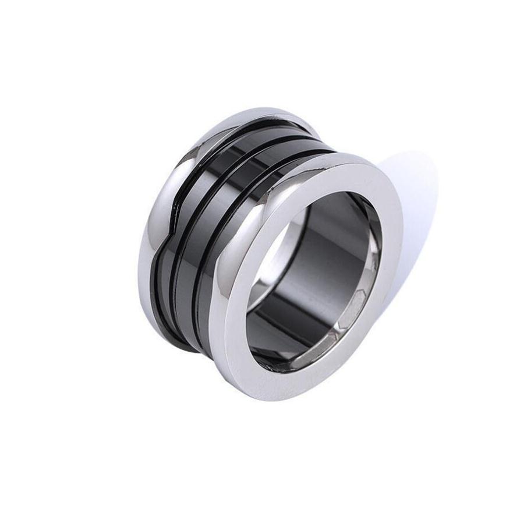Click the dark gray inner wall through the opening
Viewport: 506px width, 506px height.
[x=326, y=250]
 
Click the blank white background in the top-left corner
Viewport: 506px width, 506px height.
[x=35, y=35]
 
